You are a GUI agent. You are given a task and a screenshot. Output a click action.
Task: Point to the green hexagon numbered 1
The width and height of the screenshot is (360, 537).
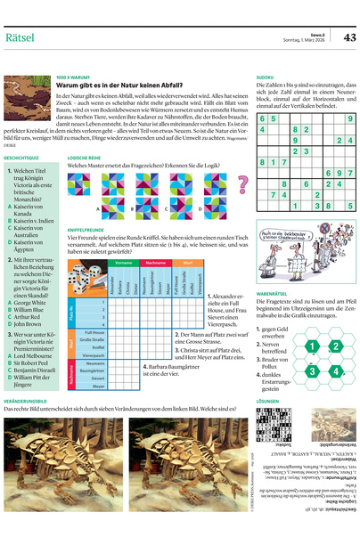click(311, 346)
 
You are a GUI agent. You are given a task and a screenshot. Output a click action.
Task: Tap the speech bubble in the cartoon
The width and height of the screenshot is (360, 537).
click(283, 232)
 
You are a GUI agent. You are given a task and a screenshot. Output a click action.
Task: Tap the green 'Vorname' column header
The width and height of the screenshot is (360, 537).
click(125, 264)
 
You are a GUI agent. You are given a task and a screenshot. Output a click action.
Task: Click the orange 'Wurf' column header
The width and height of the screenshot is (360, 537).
click(187, 264)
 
